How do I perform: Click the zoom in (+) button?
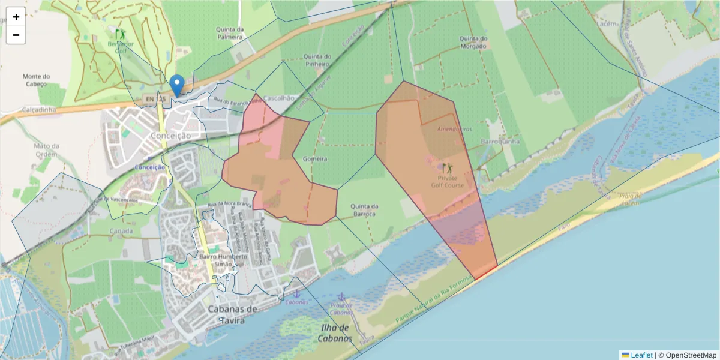[16, 17]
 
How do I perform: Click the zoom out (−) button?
[16, 35]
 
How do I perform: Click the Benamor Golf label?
[121, 47]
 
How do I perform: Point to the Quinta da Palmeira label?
[230, 32]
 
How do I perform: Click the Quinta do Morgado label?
[473, 42]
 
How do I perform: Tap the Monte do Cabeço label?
[37, 80]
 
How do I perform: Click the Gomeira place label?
[315, 159]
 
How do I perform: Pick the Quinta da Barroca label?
[364, 210]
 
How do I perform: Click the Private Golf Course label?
[447, 181]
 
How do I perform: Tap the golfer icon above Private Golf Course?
[446, 168]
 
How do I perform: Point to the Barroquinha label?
[500, 142]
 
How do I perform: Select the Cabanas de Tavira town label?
[232, 314]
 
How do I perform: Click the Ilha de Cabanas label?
[335, 333]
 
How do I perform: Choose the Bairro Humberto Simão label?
[223, 260]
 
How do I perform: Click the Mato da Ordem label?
[47, 150]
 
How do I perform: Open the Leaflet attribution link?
[641, 355]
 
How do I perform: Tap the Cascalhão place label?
[279, 98]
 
